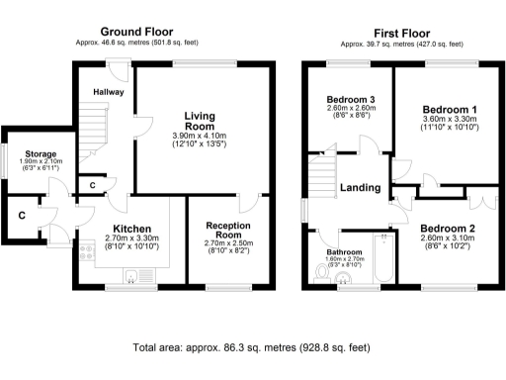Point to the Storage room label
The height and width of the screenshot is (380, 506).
pyautogui.click(x=40, y=154)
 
